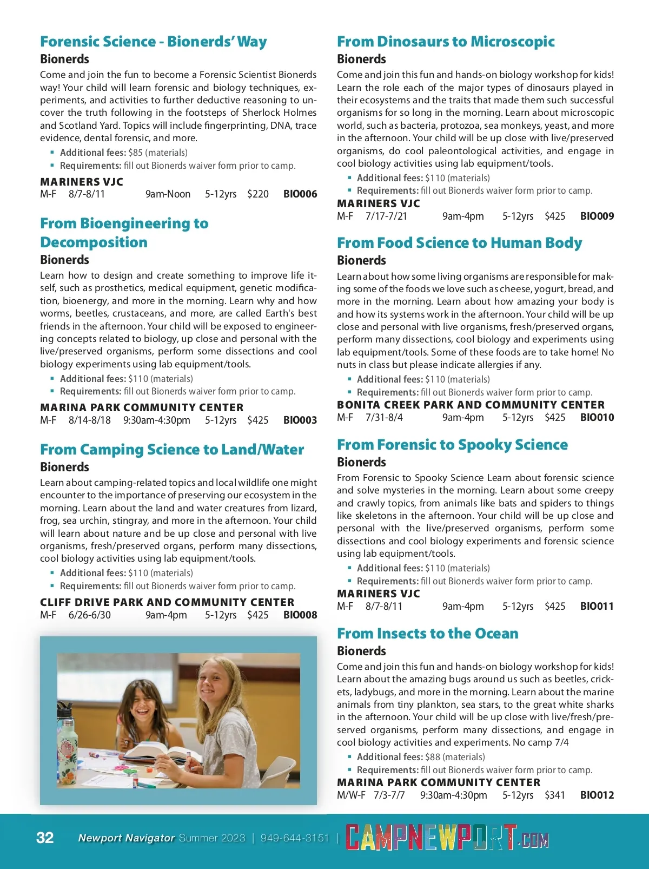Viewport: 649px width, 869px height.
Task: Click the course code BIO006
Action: pyautogui.click(x=300, y=194)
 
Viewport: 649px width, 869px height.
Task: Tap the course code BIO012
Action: pyautogui.click(x=597, y=795)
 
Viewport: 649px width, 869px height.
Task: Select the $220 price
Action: pyautogui.click(x=258, y=194)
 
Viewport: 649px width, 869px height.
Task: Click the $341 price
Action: pyautogui.click(x=555, y=795)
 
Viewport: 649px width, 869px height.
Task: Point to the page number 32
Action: pyautogui.click(x=45, y=838)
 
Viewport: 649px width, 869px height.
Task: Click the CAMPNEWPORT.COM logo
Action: pyautogui.click(x=447, y=838)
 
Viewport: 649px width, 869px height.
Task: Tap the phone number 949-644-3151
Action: pyautogui.click(x=295, y=838)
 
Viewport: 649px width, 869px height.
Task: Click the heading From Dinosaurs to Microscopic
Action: pyautogui.click(x=446, y=42)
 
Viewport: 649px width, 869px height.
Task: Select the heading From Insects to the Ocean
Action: pyautogui.click(x=427, y=634)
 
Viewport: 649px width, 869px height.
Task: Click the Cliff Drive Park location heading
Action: pyautogui.click(x=167, y=602)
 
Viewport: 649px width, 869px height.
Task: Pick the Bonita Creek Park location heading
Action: pyautogui.click(x=471, y=405)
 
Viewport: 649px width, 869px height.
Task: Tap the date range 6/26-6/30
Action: pyautogui.click(x=90, y=615)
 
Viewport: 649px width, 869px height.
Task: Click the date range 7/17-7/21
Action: pyautogui.click(x=386, y=216)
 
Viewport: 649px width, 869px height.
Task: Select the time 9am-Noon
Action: pyautogui.click(x=168, y=194)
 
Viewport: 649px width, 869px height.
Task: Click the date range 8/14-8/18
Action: pyautogui.click(x=90, y=420)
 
